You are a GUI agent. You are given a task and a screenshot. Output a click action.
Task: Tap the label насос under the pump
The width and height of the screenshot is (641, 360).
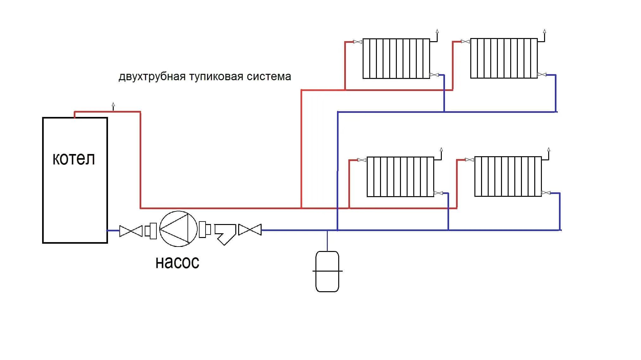pyautogui.click(x=177, y=262)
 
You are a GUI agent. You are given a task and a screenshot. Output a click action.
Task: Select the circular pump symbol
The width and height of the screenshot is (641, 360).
pyautogui.click(x=178, y=229)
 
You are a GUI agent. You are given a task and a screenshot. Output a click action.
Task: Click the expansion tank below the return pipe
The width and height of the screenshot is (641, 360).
pyautogui.click(x=327, y=271)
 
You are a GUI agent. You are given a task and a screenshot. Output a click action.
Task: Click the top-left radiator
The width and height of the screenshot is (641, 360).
pyautogui.click(x=396, y=59)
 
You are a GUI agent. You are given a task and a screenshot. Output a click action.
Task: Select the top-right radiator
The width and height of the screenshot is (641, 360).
pyautogui.click(x=504, y=58)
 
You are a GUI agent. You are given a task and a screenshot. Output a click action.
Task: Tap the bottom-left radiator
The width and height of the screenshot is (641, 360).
pyautogui.click(x=400, y=177)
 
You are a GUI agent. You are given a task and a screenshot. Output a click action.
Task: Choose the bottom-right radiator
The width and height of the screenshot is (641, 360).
pyautogui.click(x=508, y=176)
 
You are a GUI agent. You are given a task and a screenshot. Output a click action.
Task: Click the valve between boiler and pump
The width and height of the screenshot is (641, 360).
pyautogui.click(x=131, y=231)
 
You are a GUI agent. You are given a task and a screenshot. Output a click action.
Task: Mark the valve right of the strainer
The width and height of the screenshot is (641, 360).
pyautogui.click(x=250, y=230)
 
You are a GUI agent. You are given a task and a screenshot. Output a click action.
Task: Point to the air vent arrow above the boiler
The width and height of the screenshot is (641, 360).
pyautogui.click(x=113, y=105)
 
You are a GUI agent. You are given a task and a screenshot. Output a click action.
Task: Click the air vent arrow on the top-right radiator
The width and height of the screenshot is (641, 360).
pyautogui.click(x=545, y=31)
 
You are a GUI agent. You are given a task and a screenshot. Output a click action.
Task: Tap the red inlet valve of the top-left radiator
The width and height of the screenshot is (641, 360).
pyautogui.click(x=358, y=42)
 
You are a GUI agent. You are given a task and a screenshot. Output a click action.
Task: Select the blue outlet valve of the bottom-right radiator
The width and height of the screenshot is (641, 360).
pyautogui.click(x=546, y=193)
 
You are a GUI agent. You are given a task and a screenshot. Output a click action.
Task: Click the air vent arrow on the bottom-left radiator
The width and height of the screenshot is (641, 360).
pyautogui.click(x=441, y=150)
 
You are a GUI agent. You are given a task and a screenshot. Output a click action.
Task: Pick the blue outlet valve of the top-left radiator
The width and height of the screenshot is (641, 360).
pyautogui.click(x=434, y=75)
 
